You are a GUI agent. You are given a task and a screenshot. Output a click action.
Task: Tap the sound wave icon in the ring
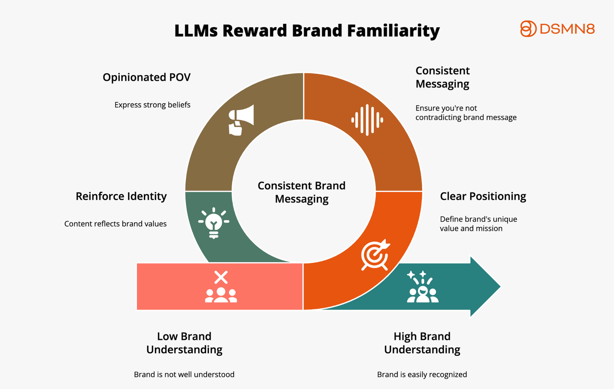pos(367,120)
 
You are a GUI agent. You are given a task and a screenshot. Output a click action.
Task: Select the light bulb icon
pos(214,223)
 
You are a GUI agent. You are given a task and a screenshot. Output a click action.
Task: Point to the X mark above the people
pos(221,277)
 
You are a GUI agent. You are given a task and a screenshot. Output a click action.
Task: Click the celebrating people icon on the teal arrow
pos(423,287)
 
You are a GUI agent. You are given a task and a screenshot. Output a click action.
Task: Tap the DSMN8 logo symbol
pos(528,29)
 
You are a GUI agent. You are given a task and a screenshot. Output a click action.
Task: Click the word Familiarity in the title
pos(393,31)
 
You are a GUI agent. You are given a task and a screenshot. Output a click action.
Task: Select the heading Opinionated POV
pos(146,77)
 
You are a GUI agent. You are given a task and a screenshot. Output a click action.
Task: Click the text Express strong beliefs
pos(152,105)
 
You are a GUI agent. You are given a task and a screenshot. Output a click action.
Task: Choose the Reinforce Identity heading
pos(121,196)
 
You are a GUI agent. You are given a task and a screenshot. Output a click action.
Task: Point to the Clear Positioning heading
pos(483,196)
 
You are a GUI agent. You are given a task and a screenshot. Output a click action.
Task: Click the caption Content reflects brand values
pos(115,224)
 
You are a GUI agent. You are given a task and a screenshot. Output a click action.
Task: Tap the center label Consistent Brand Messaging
pos(301,192)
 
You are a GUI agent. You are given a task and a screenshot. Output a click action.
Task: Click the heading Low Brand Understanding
pos(184,343)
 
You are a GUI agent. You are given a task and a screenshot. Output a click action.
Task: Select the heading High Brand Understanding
pos(422,343)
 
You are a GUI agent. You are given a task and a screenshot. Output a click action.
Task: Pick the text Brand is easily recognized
pos(422,375)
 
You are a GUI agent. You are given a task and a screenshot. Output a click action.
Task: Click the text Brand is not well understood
pos(184,375)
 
